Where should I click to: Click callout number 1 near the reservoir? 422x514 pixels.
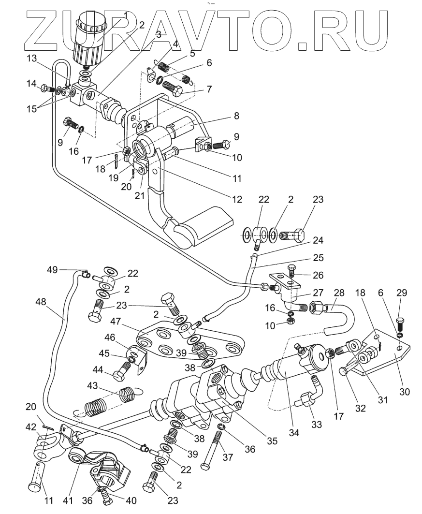click(x=125, y=15)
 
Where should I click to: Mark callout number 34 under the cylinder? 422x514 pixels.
click(x=294, y=433)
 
